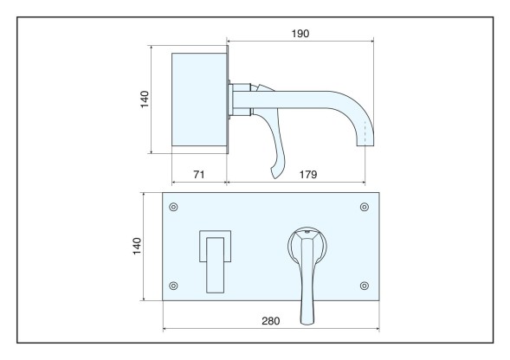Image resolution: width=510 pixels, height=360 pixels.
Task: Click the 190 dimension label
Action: pyautogui.click(x=300, y=34)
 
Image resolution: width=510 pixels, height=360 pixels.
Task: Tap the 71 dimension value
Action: pyautogui.click(x=199, y=175)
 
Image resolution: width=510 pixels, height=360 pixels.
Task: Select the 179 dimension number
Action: pyautogui.click(x=307, y=175)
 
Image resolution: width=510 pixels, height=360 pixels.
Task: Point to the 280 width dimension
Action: pyautogui.click(x=271, y=321)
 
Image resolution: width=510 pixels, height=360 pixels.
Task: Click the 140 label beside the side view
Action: pyautogui.click(x=145, y=100)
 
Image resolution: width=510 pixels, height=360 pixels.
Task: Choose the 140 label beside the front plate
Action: pyautogui.click(x=137, y=246)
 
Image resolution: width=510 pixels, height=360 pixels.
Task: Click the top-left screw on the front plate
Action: pyautogui.click(x=173, y=207)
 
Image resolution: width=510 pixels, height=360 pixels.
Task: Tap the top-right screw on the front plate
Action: pyautogui.click(x=365, y=207)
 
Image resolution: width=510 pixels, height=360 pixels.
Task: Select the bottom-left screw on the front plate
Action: pyautogui.click(x=173, y=286)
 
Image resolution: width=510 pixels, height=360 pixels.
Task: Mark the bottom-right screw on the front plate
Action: pyautogui.click(x=365, y=286)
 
